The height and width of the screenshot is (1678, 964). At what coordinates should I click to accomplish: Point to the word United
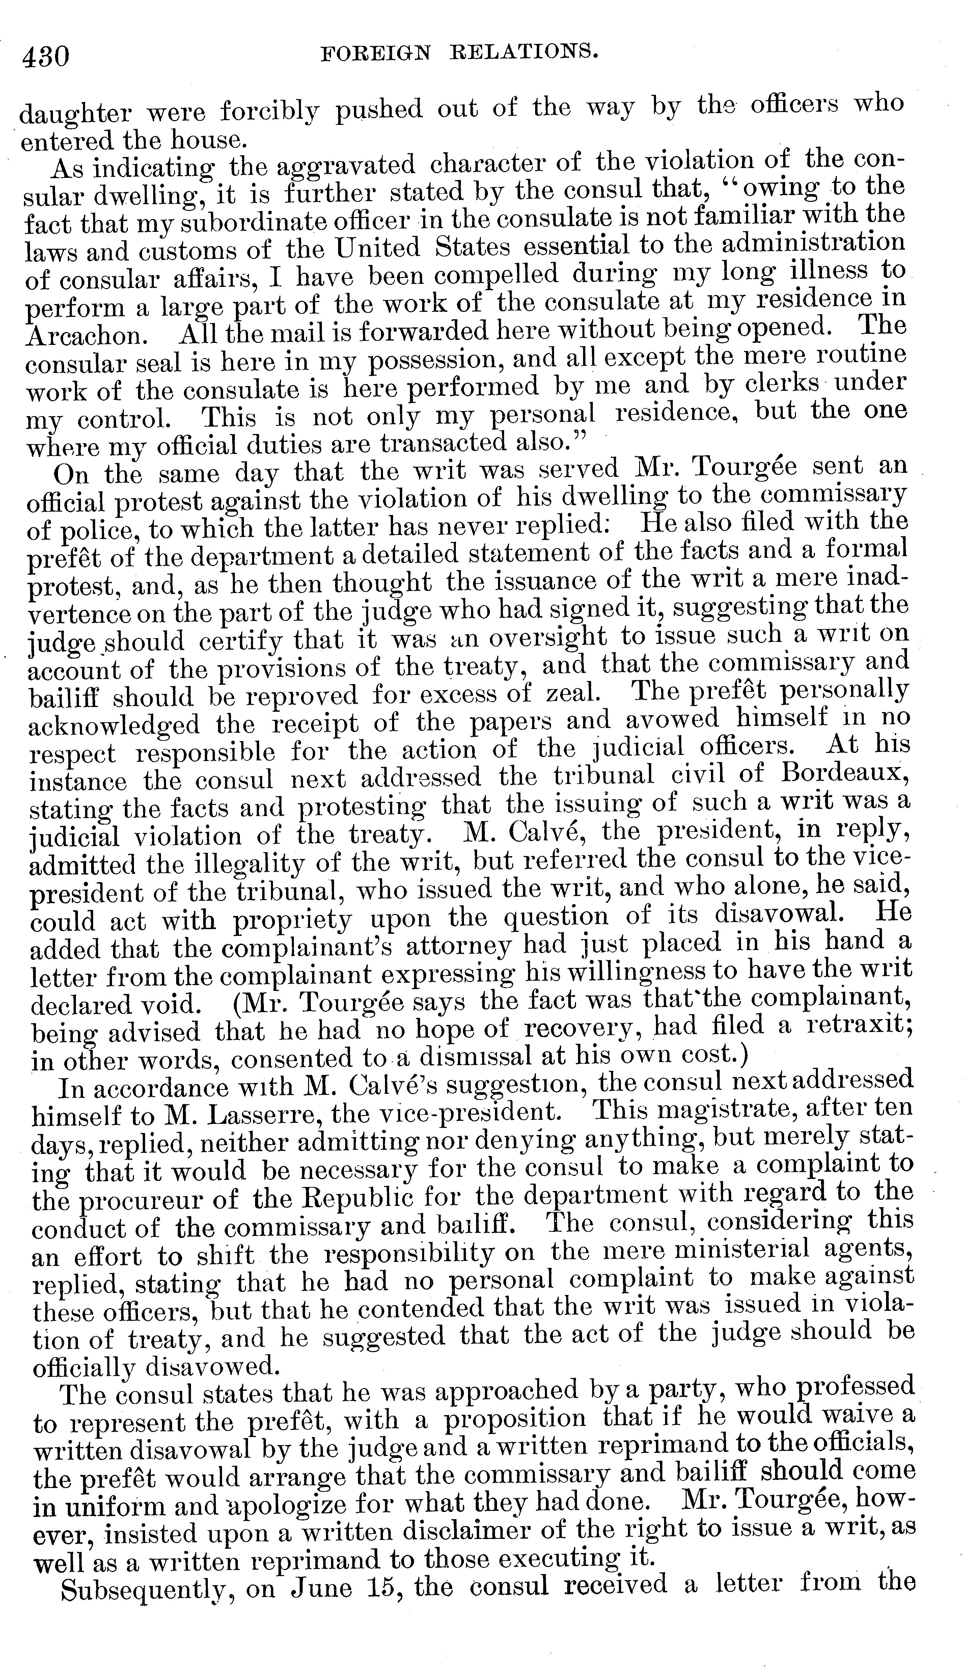point(377,248)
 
